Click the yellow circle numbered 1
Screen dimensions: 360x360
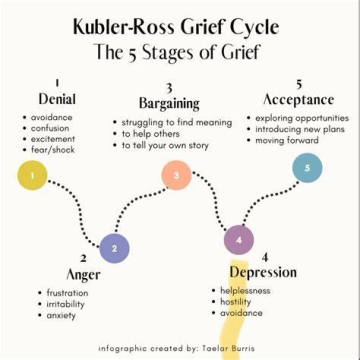pyautogui.click(x=32, y=175)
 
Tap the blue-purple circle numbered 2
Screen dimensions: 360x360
pyautogui.click(x=114, y=248)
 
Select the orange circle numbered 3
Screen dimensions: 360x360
pyautogui.click(x=176, y=175)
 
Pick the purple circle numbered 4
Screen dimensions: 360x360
pyautogui.click(x=239, y=240)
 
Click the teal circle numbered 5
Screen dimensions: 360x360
pyautogui.click(x=307, y=168)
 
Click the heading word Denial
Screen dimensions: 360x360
pyautogui.click(x=57, y=99)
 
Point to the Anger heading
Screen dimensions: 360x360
pyautogui.click(x=83, y=274)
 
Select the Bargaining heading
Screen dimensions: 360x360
pyautogui.click(x=169, y=103)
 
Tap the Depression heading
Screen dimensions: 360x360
pyautogui.click(x=263, y=272)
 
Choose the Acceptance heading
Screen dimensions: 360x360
pyautogui.click(x=298, y=99)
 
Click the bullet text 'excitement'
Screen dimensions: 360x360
pyautogui.click(x=53, y=139)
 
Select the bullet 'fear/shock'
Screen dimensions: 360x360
pyautogui.click(x=52, y=149)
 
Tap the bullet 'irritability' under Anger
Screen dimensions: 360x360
pyautogui.click(x=65, y=304)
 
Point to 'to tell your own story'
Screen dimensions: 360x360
pyautogui.click(x=165, y=145)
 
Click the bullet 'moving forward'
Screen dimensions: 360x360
pyautogui.click(x=287, y=140)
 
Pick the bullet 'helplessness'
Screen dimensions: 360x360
pyautogui.click(x=245, y=290)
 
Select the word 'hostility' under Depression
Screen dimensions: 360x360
pyautogui.click(x=235, y=302)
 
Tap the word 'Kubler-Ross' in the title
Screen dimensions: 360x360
pyautogui.click(x=123, y=26)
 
